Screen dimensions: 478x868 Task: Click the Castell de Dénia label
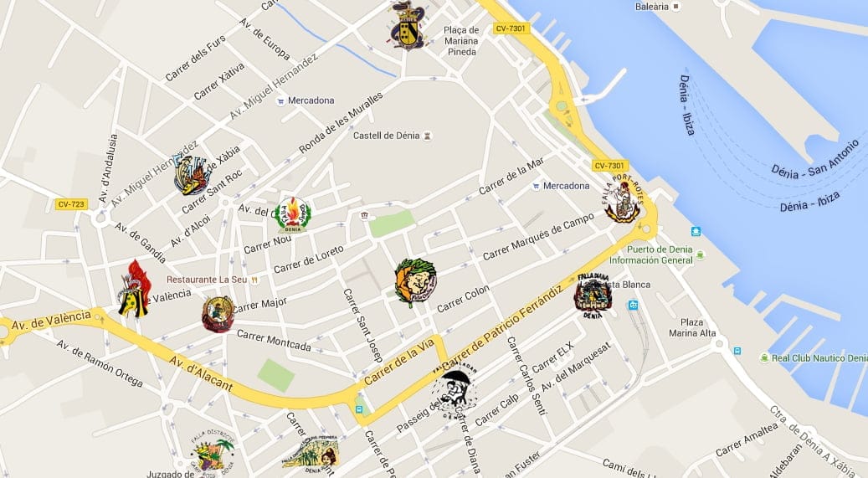coord(386,136)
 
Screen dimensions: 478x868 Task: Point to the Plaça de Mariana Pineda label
coord(460,42)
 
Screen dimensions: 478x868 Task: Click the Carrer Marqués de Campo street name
coord(538,238)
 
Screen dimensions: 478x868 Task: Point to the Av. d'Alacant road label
coord(200,372)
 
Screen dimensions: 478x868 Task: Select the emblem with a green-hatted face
coord(415,282)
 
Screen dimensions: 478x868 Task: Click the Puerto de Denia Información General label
coord(651,254)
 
